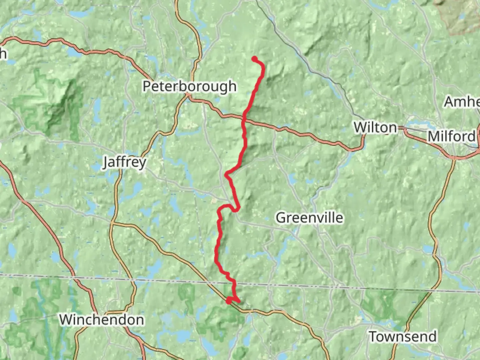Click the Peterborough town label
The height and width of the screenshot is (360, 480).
(x=189, y=86)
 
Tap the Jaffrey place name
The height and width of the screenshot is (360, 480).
(x=125, y=162)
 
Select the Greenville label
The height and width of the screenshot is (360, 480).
(x=309, y=218)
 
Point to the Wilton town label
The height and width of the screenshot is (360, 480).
(x=375, y=127)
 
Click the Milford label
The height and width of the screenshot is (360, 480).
(x=451, y=136)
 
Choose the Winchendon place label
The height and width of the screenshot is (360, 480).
(x=102, y=320)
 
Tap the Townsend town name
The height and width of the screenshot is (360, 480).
(x=403, y=336)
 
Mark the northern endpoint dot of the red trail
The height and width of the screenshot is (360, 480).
(x=255, y=59)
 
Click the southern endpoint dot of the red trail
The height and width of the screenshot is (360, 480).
(x=229, y=301)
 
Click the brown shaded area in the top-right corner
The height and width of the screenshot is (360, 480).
(x=462, y=15)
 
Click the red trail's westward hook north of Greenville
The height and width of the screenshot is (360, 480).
(x=227, y=174)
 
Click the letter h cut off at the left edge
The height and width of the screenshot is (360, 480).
(x=3, y=53)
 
